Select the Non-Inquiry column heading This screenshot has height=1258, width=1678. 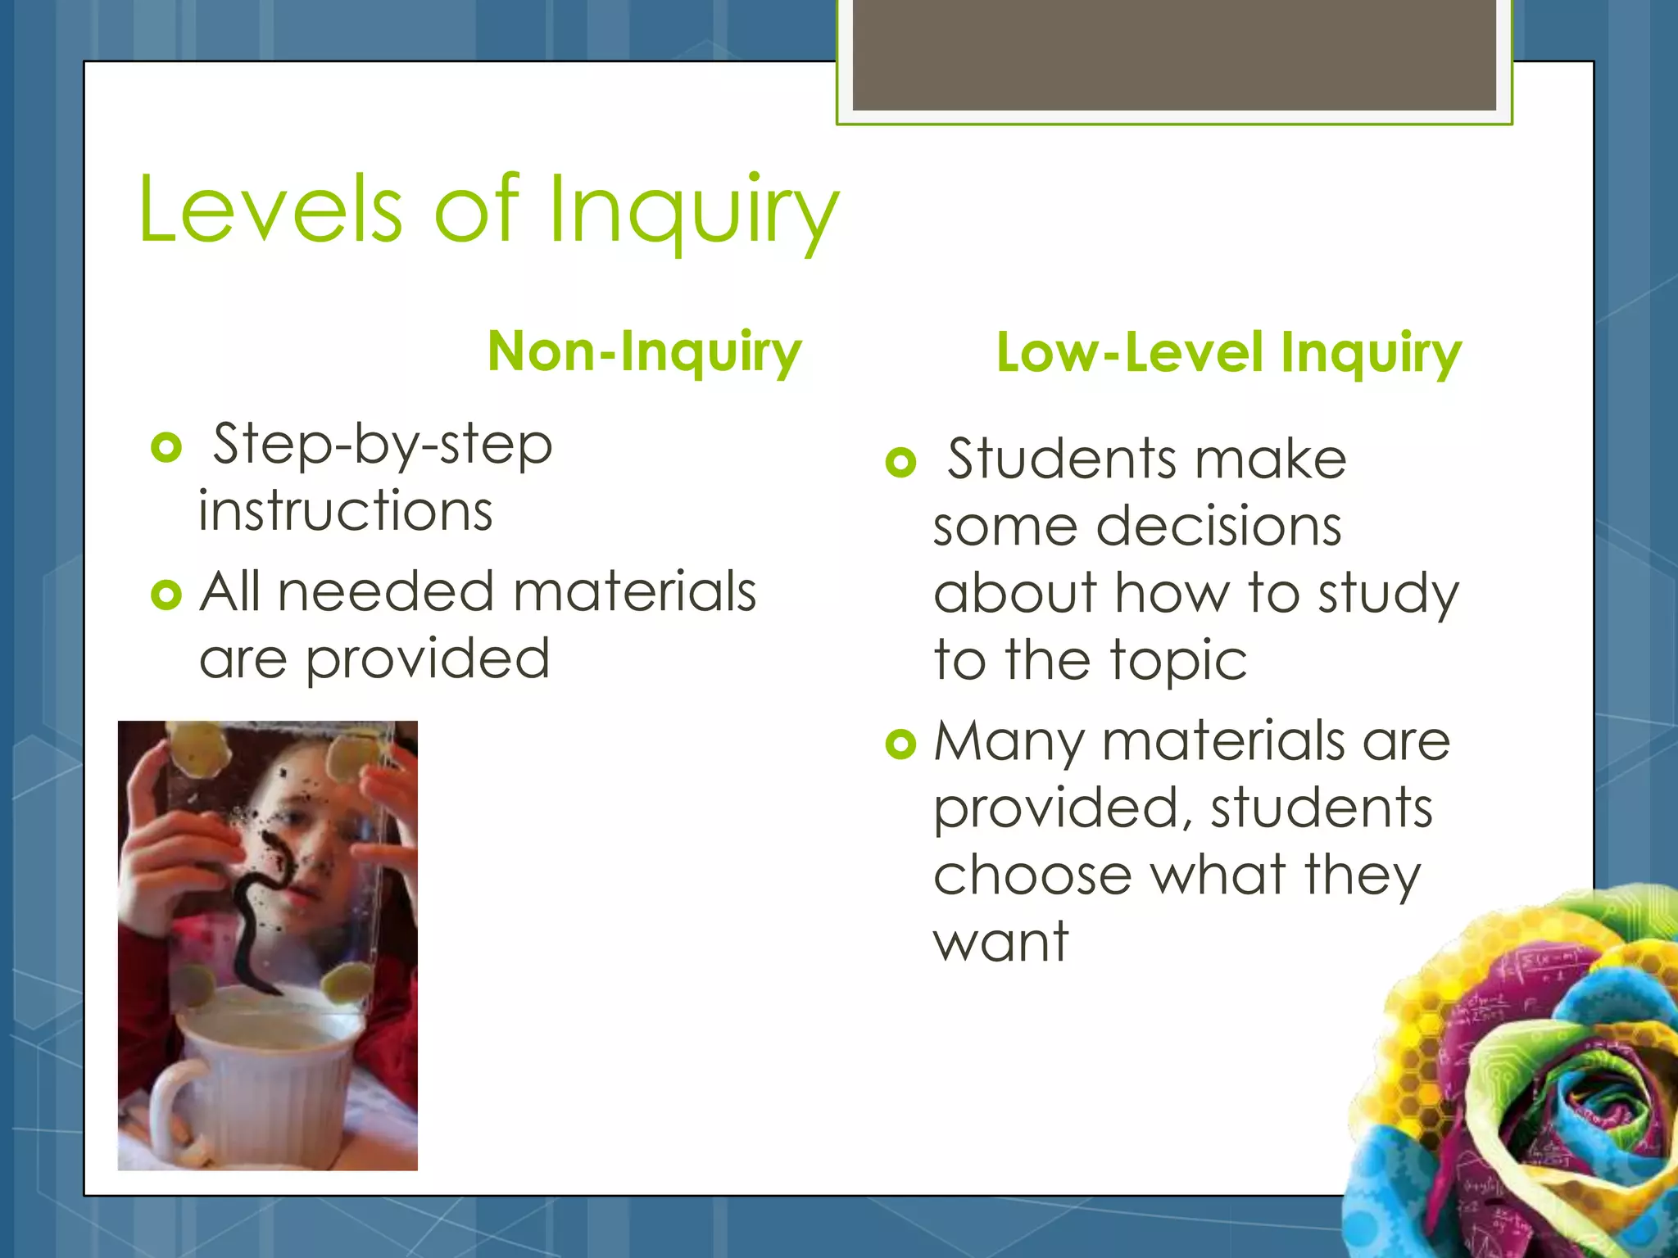coord(644,351)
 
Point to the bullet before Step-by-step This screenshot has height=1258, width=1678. coord(166,447)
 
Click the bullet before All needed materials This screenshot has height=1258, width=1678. coord(166,595)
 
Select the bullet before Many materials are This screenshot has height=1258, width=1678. coord(900,744)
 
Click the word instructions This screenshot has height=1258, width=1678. coord(345,511)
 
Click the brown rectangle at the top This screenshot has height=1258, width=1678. coord(1173,56)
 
